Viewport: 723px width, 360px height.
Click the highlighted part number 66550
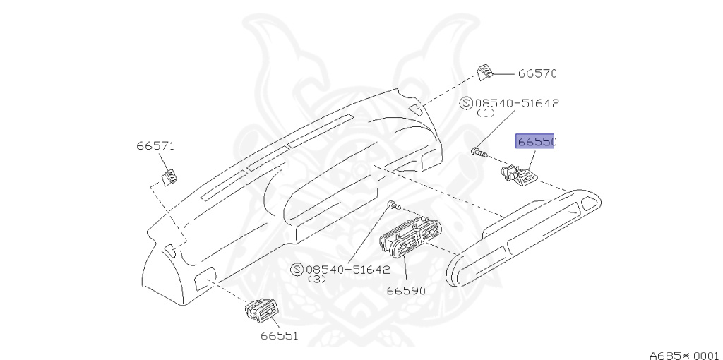pos(537,142)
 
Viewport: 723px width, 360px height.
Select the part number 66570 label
pos(538,73)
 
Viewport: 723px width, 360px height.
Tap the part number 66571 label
pos(155,146)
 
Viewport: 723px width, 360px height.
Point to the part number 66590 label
pos(406,290)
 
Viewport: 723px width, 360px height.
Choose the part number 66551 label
pos(279,336)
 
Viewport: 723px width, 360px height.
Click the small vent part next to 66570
pos(486,72)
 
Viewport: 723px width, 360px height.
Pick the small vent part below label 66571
pos(169,176)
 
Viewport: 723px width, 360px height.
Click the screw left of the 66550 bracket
pos(479,151)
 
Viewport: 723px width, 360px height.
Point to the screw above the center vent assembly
pos(395,206)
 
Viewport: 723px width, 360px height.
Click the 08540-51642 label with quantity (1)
pos(517,103)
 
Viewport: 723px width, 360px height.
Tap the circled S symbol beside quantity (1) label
pos(466,103)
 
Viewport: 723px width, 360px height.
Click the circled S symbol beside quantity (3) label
pos(297,270)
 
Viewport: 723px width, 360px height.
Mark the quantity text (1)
pos(486,113)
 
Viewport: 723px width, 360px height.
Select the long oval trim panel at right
pos(525,236)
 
